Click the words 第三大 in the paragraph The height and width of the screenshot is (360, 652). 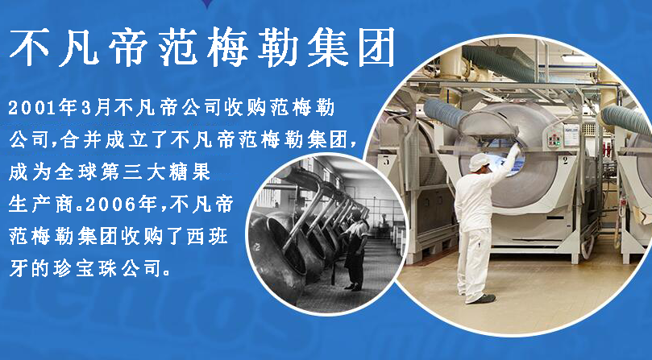[139, 173]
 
